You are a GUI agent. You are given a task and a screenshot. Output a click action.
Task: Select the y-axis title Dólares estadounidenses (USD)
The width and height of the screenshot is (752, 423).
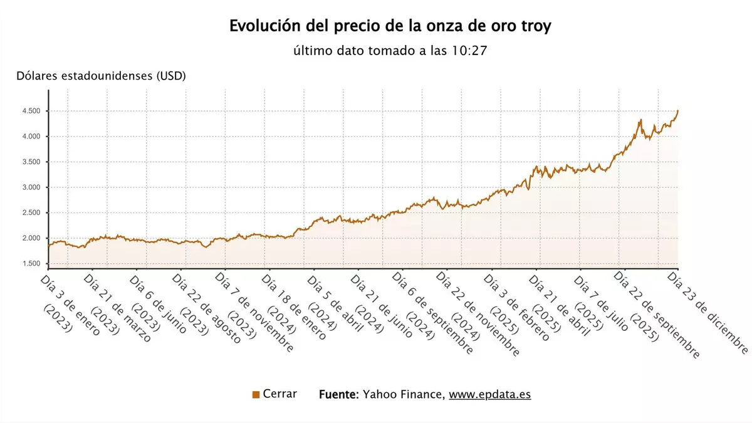coord(101,76)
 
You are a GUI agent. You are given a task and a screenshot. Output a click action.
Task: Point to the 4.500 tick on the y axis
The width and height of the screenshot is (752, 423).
coord(31,111)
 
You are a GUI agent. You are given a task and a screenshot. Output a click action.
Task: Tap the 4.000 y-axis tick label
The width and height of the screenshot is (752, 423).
coord(31,137)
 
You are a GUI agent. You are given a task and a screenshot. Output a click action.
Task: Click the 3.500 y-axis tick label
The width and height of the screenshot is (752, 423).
coord(31,162)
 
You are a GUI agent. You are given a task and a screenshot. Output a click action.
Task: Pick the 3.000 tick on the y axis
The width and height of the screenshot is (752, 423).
coord(31,187)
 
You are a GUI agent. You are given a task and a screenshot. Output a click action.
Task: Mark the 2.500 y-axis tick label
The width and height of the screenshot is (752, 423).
coord(31,213)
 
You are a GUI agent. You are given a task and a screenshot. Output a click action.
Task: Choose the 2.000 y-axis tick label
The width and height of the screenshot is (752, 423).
coord(31,238)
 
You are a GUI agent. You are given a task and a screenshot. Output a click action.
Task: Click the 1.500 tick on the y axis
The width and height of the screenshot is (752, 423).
coord(31,264)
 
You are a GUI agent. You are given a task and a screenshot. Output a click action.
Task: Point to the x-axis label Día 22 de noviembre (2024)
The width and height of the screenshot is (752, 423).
coord(476,313)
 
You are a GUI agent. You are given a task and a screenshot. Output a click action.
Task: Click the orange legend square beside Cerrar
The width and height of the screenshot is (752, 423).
coord(256,395)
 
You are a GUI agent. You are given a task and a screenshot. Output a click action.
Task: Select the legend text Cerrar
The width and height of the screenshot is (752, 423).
coord(280,394)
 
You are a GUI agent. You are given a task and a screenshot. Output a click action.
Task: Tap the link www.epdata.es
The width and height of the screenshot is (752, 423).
coord(489,395)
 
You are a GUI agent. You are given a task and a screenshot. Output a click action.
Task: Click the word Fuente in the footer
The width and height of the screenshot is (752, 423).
coord(338,395)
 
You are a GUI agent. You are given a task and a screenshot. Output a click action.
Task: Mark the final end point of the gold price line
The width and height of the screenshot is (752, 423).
coord(677,110)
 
